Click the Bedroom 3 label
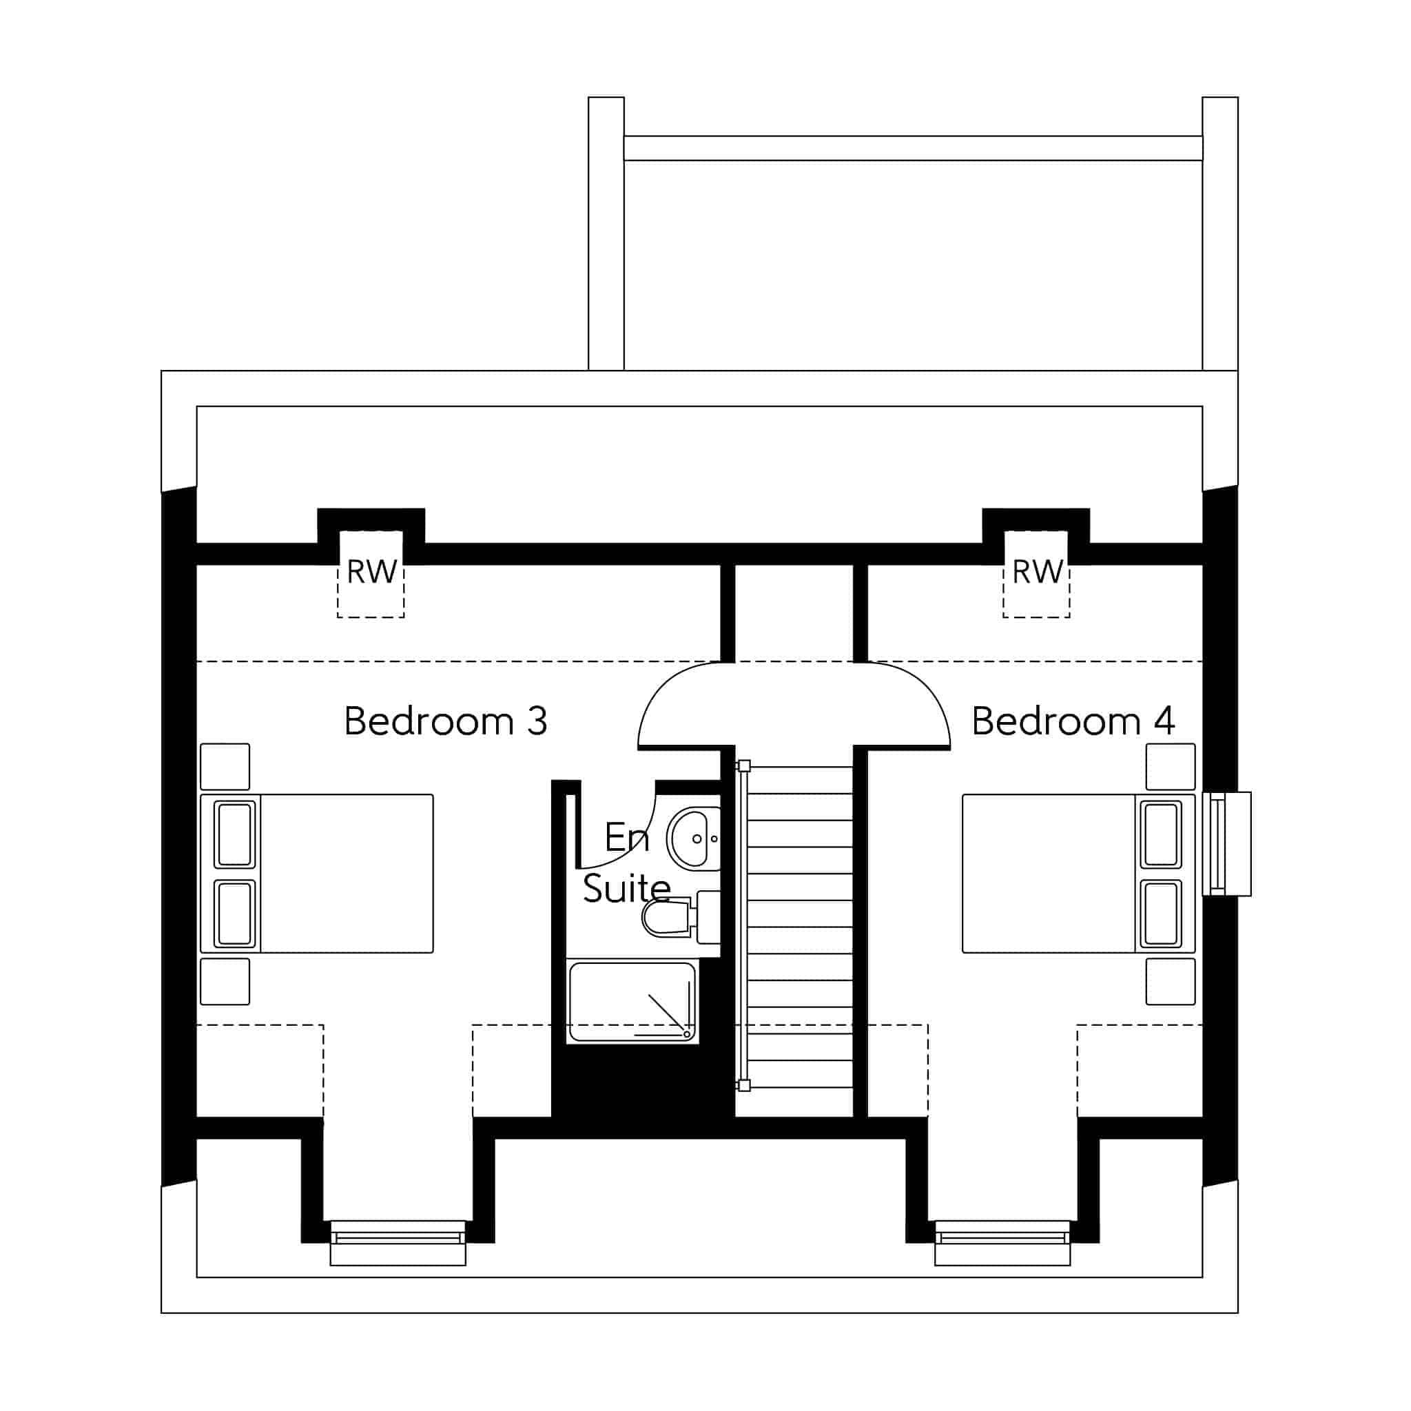click(446, 721)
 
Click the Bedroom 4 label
click(1073, 721)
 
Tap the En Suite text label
click(627, 863)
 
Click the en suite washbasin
click(694, 838)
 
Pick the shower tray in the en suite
click(632, 1001)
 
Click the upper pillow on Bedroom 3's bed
click(234, 835)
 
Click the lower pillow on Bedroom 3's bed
click(234, 914)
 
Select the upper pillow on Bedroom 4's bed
click(1160, 835)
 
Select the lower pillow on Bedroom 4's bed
click(1160, 914)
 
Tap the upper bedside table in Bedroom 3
click(225, 767)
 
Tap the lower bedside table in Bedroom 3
click(225, 982)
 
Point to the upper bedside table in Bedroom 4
click(1171, 767)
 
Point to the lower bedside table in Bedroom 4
click(1171, 982)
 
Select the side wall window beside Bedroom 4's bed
click(1227, 843)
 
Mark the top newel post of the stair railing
click(744, 766)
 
